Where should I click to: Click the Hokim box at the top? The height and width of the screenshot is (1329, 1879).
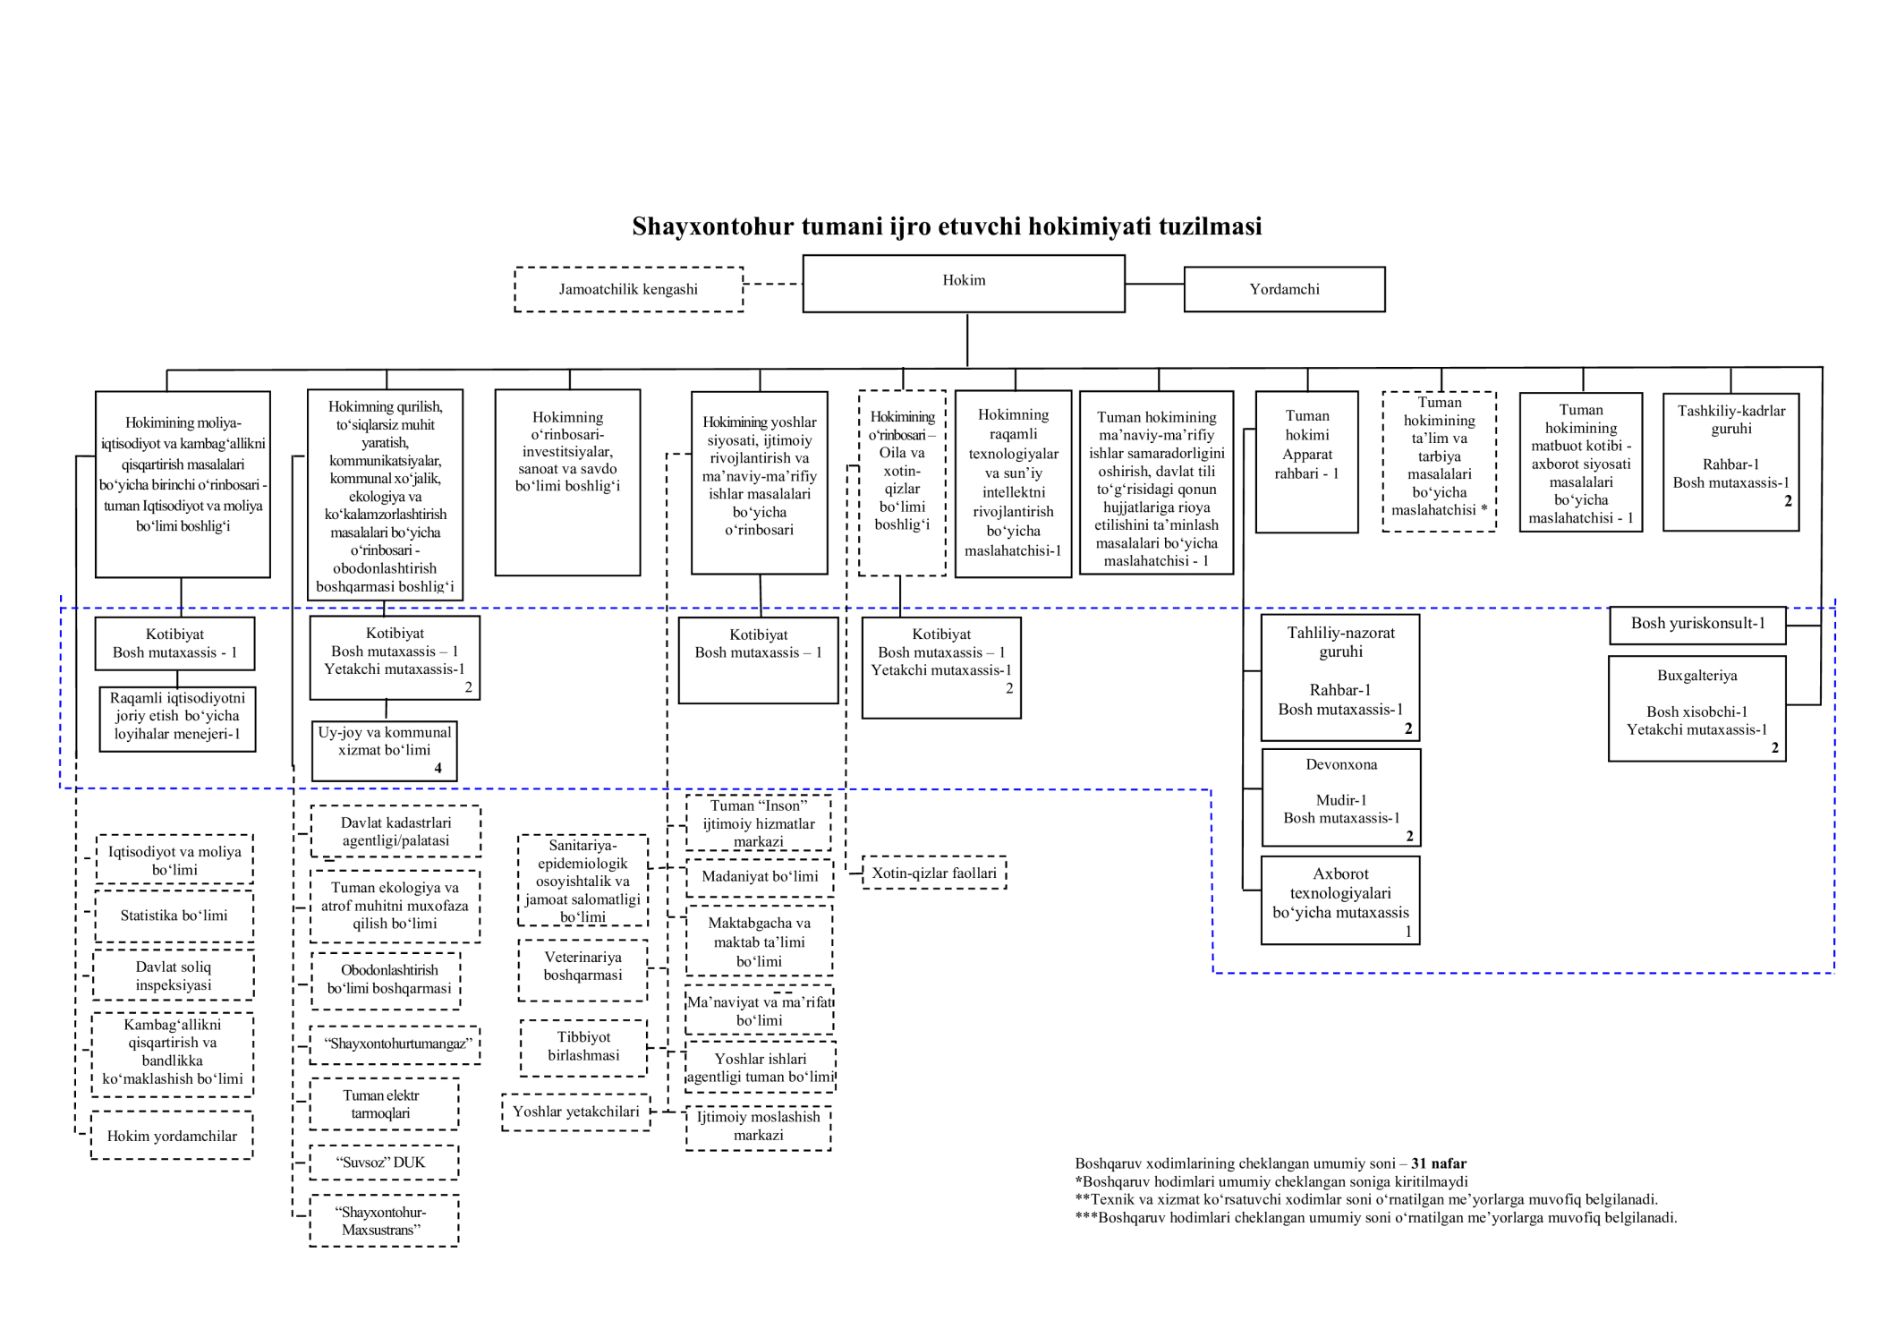[x=963, y=283]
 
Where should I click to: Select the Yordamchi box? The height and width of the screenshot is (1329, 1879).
[x=1284, y=289]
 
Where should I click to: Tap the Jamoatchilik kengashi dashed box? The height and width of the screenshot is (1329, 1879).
[x=628, y=289]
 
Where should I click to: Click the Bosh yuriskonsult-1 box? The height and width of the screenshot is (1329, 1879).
[x=1696, y=625]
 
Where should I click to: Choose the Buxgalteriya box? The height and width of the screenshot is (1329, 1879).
[x=1696, y=708]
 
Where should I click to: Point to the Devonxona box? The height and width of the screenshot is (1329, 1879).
[x=1340, y=797]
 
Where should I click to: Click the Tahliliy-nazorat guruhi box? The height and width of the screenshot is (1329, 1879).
[x=1339, y=677]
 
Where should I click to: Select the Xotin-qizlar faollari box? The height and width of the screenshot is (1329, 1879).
[x=934, y=873]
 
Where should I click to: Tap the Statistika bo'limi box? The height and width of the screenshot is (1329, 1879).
[x=174, y=916]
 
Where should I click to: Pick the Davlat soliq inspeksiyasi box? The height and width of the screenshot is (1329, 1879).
[x=174, y=975]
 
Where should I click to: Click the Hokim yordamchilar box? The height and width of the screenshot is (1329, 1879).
[x=172, y=1136]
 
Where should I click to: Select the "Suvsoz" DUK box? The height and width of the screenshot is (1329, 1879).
[x=384, y=1163]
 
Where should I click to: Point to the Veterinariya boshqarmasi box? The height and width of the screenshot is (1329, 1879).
[x=582, y=969]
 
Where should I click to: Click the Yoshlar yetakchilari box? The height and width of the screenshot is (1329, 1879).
[x=575, y=1112]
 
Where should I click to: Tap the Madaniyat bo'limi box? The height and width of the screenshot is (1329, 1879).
[x=759, y=877]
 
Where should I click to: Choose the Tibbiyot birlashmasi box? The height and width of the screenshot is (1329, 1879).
[x=583, y=1047]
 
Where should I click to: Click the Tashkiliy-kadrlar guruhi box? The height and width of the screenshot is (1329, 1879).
[x=1730, y=462]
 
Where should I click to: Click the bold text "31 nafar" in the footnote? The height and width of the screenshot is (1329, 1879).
[x=1439, y=1163]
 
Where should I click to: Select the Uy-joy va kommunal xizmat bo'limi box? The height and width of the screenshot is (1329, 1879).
[x=384, y=750]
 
